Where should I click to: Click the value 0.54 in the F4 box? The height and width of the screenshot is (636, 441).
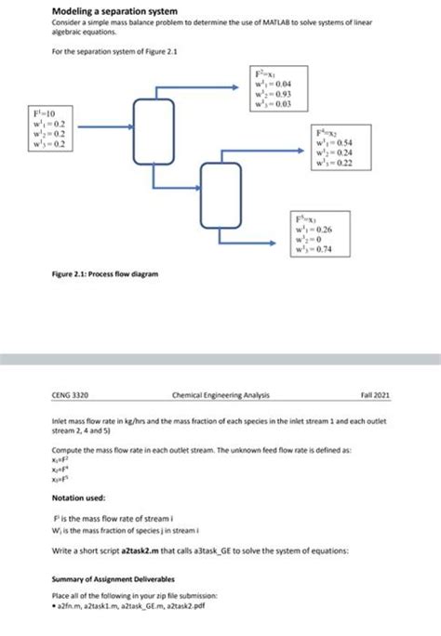(x=360, y=143)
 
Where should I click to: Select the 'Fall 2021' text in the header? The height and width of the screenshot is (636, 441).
(x=377, y=393)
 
